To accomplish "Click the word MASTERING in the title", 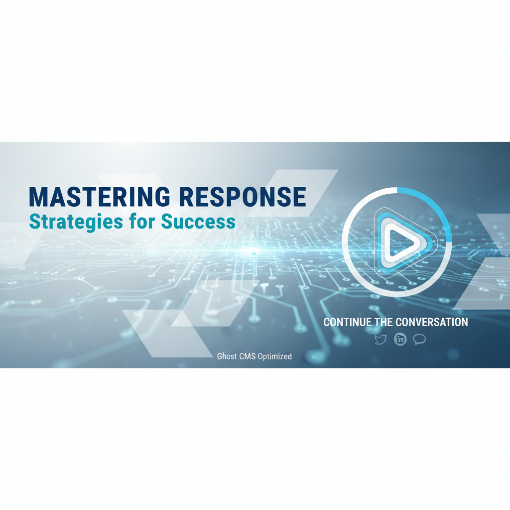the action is [100, 197].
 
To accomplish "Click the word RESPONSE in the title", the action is [243, 197].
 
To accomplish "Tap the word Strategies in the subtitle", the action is [76, 223].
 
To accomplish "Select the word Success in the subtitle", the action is [198, 222].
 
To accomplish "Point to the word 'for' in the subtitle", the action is [142, 222].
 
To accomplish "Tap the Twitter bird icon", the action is [381, 339].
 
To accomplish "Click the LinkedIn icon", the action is [400, 339].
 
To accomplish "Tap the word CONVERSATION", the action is [432, 322].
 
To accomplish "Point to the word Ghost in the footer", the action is [227, 356].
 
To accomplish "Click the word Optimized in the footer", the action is [274, 357].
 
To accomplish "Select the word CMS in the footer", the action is [247, 356].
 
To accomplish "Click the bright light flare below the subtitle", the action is [254, 253].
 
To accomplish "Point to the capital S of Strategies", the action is [34, 222].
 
